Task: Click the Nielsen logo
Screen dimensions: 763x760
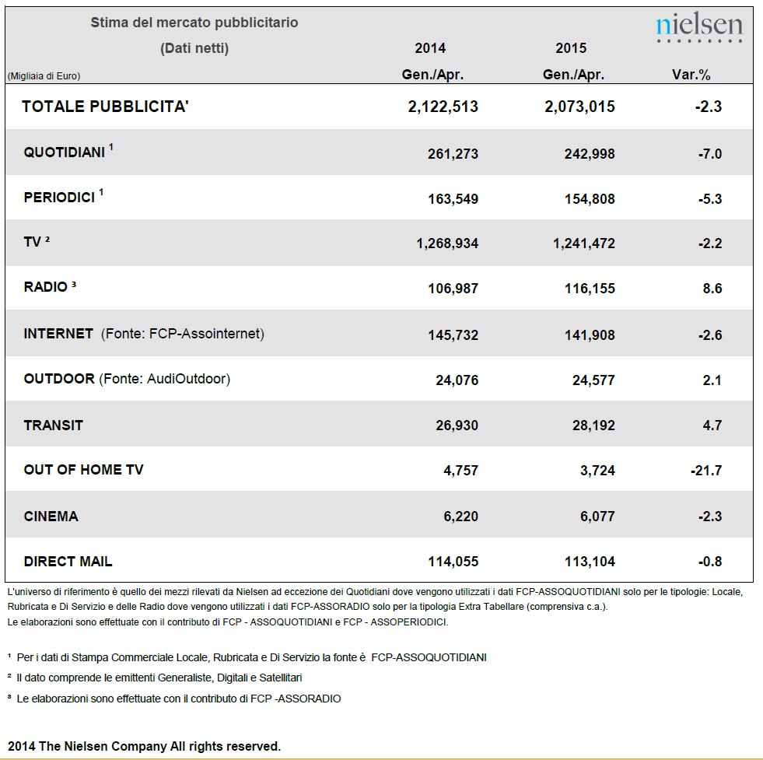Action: tap(699, 27)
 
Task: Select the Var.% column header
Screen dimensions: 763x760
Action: tap(691, 75)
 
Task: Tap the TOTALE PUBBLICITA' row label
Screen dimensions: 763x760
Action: tap(105, 106)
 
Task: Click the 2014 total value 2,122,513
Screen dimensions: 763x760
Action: tap(443, 107)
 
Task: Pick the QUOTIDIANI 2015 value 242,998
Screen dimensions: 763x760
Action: tap(590, 154)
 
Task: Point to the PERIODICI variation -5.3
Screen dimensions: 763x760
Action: tap(710, 198)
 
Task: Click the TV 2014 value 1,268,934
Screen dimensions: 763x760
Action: tap(447, 243)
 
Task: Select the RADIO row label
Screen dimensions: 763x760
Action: tap(46, 286)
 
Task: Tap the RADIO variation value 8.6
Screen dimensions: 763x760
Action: tap(712, 288)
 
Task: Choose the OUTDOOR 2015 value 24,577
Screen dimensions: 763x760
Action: tap(593, 380)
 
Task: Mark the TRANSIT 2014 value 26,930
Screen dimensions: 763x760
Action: tap(457, 426)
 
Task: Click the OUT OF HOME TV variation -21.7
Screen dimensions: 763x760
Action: tap(706, 471)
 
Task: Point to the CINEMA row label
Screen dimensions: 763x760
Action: tap(51, 516)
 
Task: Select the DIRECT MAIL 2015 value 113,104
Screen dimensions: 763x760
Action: tap(590, 562)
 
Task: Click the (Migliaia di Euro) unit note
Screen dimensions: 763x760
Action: tap(44, 76)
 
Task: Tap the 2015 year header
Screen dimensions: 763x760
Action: tap(571, 47)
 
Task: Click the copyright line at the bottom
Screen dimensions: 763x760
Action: tap(145, 746)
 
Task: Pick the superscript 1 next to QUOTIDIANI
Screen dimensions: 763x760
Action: tap(111, 146)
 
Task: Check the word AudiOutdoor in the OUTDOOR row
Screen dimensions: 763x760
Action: tap(187, 379)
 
